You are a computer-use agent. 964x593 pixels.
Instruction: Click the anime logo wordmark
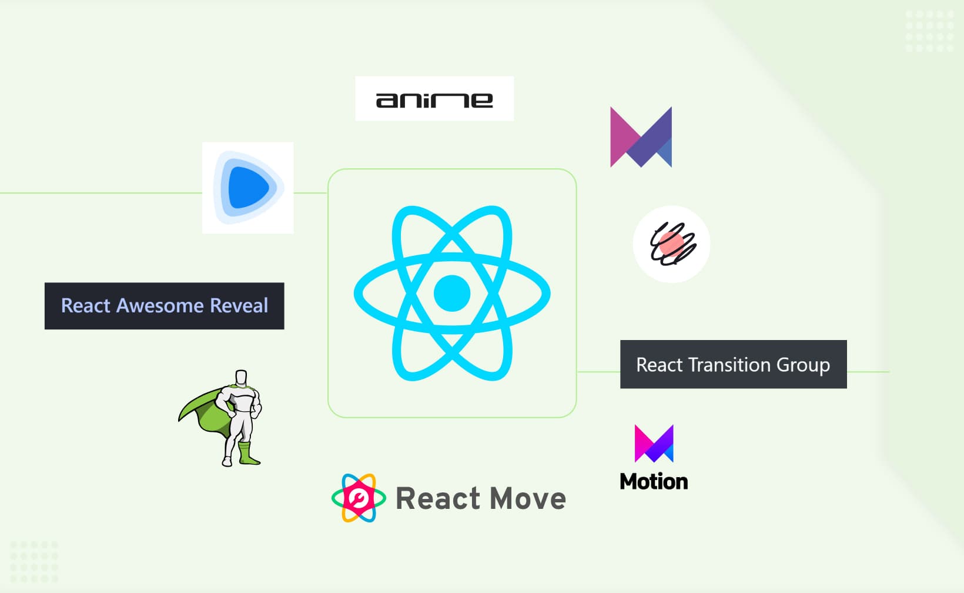pos(434,100)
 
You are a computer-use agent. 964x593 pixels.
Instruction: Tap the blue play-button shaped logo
pos(248,188)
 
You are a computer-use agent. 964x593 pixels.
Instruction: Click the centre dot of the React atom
pos(451,293)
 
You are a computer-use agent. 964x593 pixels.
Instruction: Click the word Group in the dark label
pos(803,365)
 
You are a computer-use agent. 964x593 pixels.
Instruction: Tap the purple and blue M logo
pos(641,138)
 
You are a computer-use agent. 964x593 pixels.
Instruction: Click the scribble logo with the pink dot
pos(672,244)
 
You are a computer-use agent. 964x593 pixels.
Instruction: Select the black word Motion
pos(654,482)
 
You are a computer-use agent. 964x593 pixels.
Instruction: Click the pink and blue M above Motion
pos(654,444)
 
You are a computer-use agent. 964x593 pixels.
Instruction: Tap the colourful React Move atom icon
pos(359,498)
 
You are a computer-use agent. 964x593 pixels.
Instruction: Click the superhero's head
pos(241,377)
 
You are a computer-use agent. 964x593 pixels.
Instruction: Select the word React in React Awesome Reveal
pos(86,306)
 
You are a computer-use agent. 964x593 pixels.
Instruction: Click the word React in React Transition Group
pos(660,365)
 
